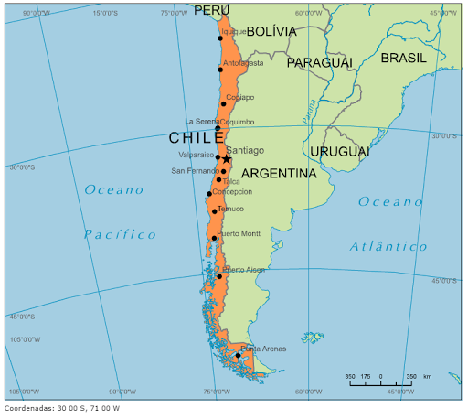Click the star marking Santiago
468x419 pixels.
coord(226,159)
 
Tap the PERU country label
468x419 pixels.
coord(212,10)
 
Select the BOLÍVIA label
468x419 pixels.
coord(271,31)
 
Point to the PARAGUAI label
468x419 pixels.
coord(319,62)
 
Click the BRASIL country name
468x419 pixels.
coord(403,57)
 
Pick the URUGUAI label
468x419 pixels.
coord(339,151)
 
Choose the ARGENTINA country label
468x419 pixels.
coord(279,173)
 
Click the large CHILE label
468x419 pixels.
coord(196,138)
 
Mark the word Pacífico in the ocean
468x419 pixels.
coord(120,234)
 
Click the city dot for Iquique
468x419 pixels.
coord(220,38)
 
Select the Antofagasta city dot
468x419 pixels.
coord(220,70)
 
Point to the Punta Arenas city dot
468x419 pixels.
coord(238,355)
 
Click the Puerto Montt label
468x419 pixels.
coord(239,234)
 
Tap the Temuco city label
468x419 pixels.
coord(230,209)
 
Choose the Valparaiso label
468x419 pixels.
coord(196,156)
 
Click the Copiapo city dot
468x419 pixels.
coord(223,103)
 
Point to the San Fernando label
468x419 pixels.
coord(194,171)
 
